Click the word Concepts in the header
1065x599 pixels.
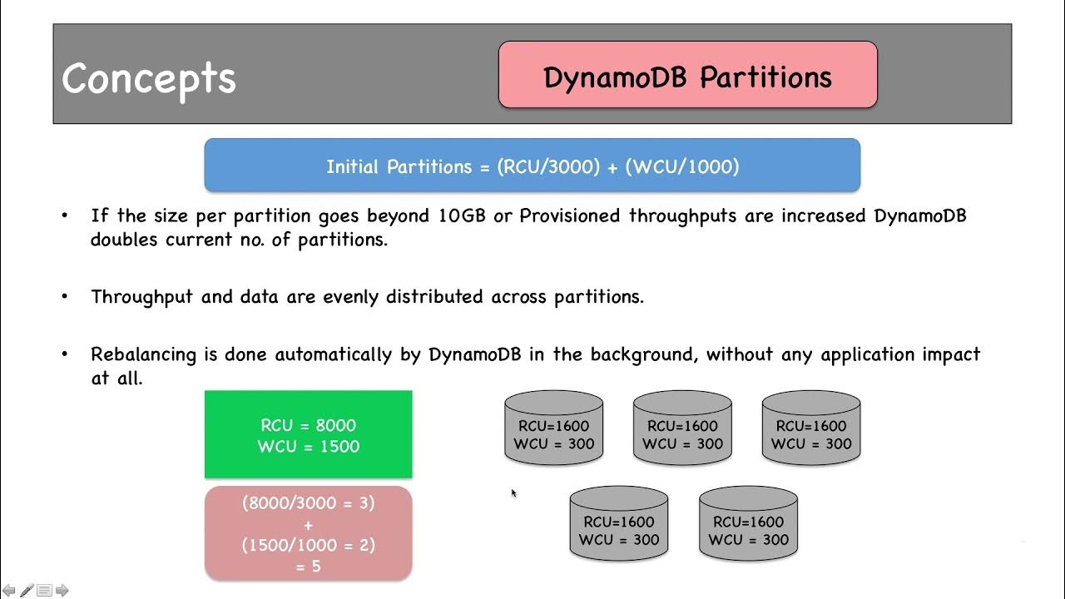149,78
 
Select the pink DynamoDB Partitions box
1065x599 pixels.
687,76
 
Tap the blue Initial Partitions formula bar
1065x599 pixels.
532,166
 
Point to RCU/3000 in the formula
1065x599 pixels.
548,166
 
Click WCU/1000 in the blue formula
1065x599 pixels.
681,166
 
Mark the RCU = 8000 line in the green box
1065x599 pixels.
308,426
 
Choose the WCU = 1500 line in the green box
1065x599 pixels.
308,447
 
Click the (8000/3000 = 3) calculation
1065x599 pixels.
308,503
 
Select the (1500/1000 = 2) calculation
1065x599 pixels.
308,546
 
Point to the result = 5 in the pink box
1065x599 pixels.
308,567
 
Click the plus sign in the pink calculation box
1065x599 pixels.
308,525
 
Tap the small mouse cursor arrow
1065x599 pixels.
513,493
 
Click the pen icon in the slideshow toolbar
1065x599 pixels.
27,591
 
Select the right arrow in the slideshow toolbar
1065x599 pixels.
62,591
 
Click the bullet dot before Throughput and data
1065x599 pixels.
65,297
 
